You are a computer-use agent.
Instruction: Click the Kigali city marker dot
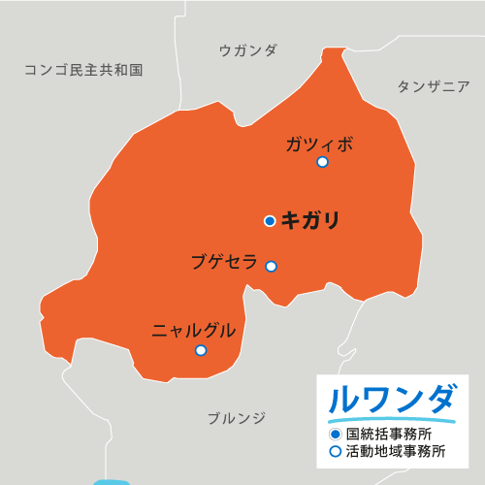[270, 221]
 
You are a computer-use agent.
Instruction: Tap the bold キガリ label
[310, 221]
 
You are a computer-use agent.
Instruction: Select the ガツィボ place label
[319, 145]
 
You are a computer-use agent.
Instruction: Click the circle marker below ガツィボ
[322, 162]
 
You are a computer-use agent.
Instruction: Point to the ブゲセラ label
[224, 261]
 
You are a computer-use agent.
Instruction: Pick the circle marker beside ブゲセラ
[272, 266]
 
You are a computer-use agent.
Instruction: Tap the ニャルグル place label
[194, 331]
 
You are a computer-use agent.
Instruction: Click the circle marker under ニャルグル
[200, 350]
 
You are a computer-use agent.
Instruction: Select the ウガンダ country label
[248, 50]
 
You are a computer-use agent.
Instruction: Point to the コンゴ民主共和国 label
[83, 70]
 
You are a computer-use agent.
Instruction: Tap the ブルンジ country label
[236, 418]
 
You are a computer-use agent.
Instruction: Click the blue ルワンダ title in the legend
[392, 399]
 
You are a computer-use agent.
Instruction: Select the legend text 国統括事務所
[389, 434]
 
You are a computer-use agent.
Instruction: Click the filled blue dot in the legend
[335, 434]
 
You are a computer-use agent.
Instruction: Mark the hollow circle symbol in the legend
[335, 451]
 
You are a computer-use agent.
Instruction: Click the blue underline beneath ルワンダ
[392, 420]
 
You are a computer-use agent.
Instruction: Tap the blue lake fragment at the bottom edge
[112, 481]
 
